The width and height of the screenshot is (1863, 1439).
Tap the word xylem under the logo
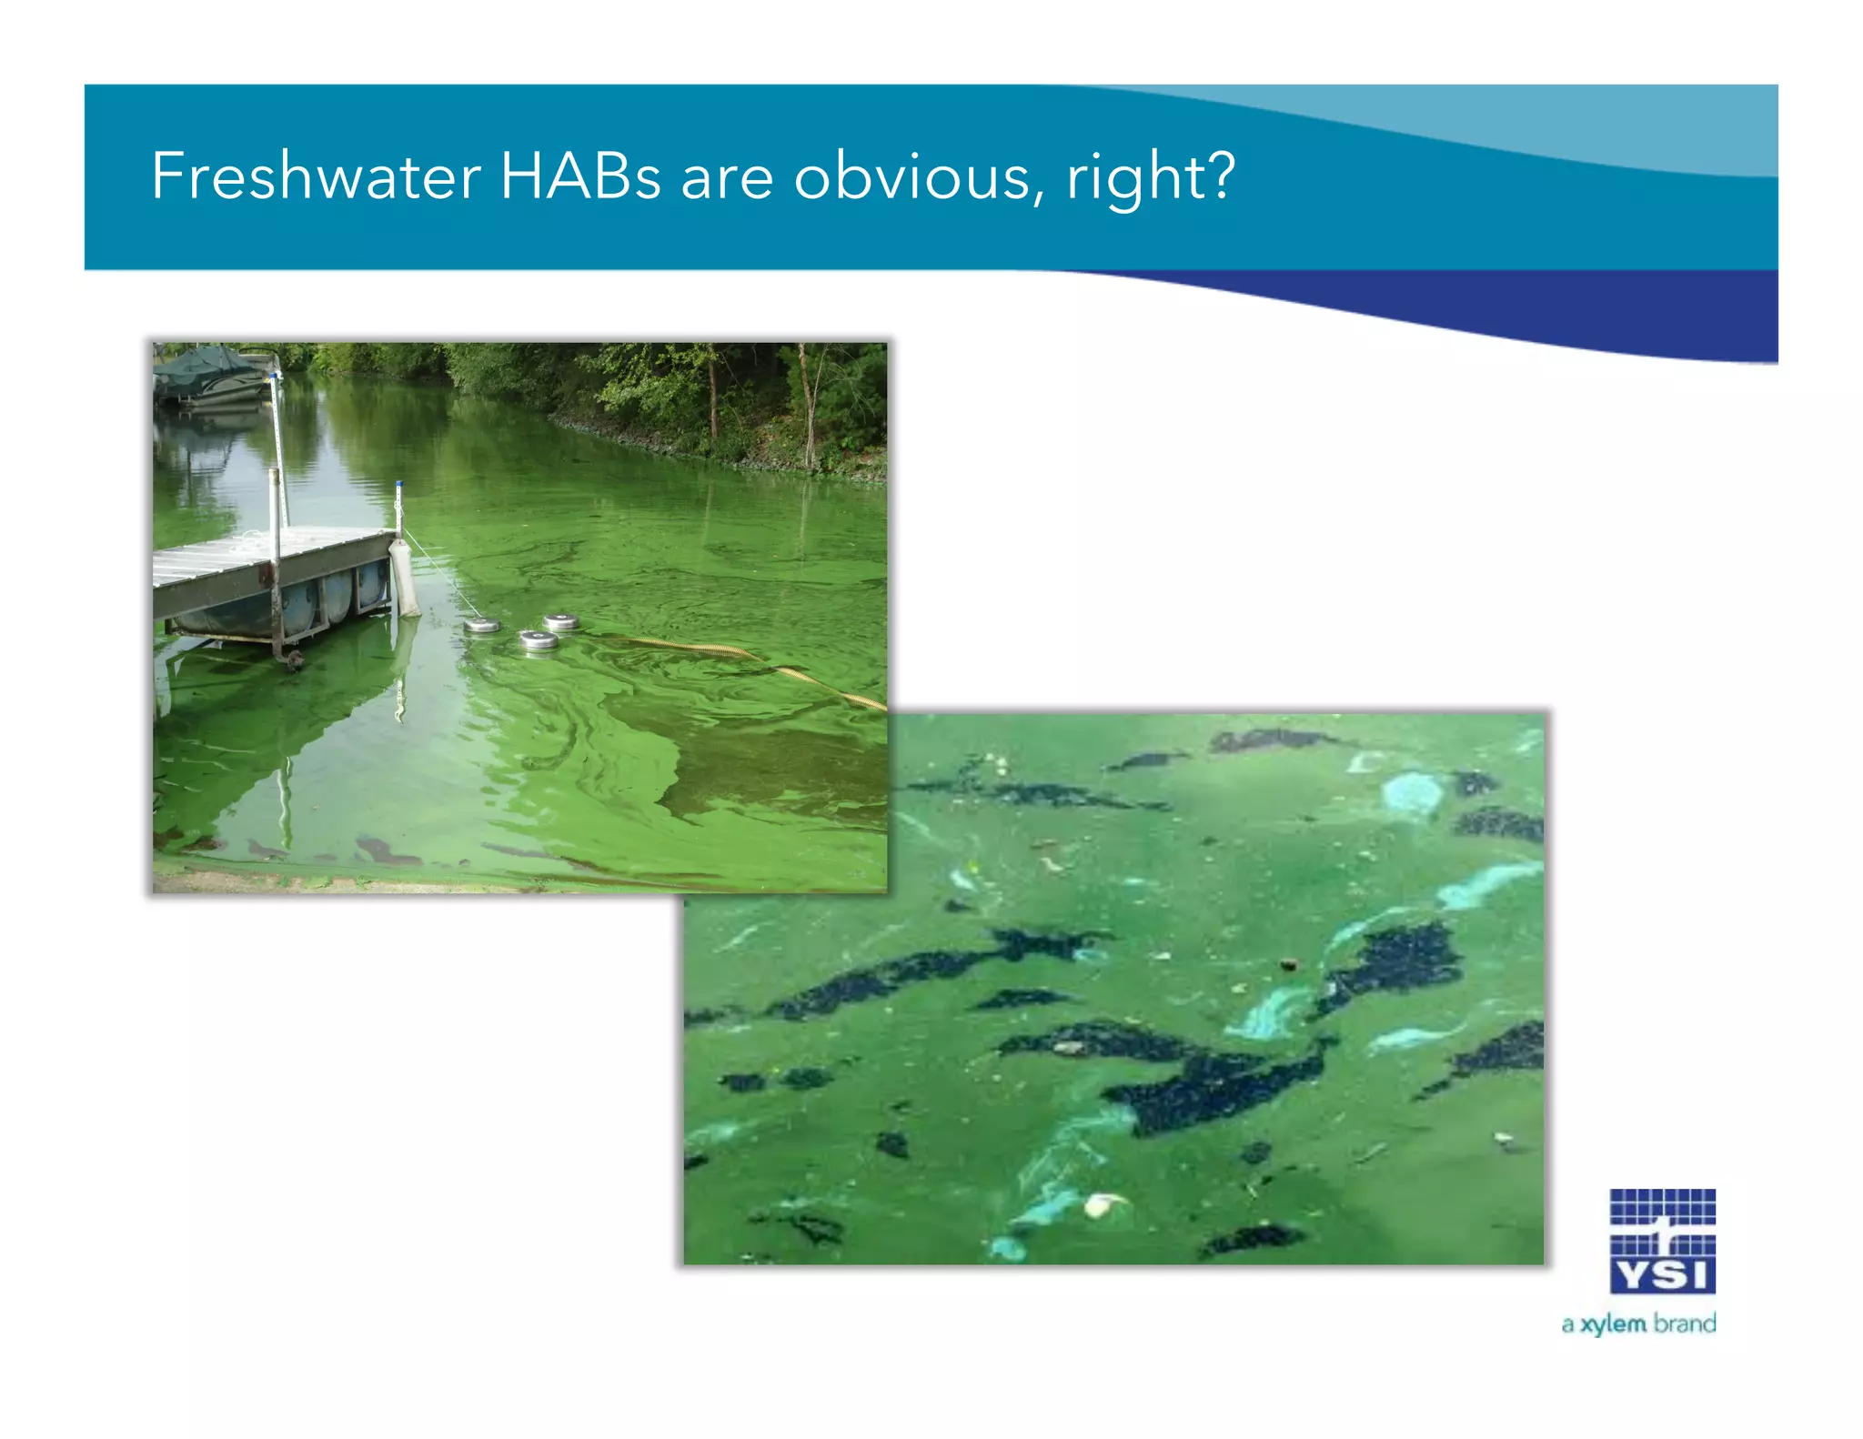[x=1613, y=1323]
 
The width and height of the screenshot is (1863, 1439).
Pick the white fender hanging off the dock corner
[x=404, y=579]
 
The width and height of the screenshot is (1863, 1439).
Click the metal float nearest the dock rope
[x=481, y=626]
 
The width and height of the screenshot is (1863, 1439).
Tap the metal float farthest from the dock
[x=561, y=622]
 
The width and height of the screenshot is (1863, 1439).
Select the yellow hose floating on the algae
[x=746, y=655]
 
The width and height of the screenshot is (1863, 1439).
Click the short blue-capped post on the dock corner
[x=398, y=505]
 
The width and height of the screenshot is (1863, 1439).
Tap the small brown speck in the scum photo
[x=1287, y=964]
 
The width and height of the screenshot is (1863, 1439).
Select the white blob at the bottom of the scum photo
[x=1099, y=1205]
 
